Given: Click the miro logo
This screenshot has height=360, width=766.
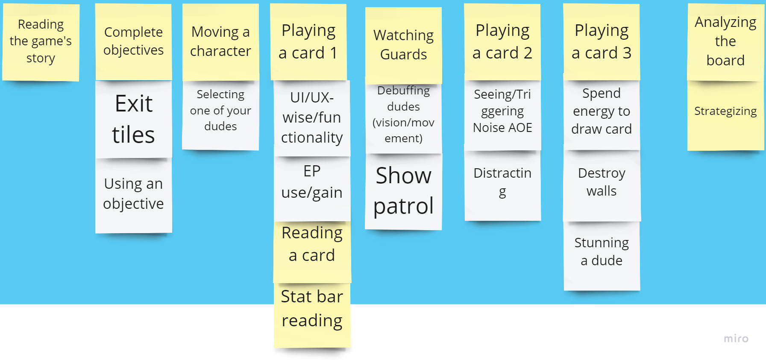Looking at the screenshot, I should [736, 339].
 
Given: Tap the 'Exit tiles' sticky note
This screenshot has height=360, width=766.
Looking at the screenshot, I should [134, 119].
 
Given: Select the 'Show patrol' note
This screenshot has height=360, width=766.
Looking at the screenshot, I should [403, 191].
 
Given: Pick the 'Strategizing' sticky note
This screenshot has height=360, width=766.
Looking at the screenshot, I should [725, 111].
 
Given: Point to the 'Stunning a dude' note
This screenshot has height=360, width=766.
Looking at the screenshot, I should [602, 252].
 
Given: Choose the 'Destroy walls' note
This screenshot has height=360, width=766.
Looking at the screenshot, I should [602, 182].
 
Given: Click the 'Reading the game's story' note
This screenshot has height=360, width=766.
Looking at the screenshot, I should [41, 41].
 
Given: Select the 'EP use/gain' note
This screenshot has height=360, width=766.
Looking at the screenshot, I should [312, 182].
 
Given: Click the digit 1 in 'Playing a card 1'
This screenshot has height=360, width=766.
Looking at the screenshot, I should [333, 53].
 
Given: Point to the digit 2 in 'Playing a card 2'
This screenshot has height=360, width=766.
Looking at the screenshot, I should [528, 53].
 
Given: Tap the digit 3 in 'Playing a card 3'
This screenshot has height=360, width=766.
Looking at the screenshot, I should [627, 53].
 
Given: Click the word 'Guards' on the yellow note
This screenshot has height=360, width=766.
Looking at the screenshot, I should [403, 55].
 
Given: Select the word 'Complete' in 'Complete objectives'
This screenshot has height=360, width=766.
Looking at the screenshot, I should [133, 32].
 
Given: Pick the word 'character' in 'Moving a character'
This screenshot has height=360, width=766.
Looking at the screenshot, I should [220, 51].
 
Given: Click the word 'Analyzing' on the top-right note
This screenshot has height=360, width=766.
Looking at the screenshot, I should [725, 22].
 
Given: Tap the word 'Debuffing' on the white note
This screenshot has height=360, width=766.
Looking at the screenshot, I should [403, 91].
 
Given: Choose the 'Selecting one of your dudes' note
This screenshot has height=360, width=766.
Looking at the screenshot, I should [220, 110].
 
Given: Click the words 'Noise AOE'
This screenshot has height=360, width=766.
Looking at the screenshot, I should [502, 128].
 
